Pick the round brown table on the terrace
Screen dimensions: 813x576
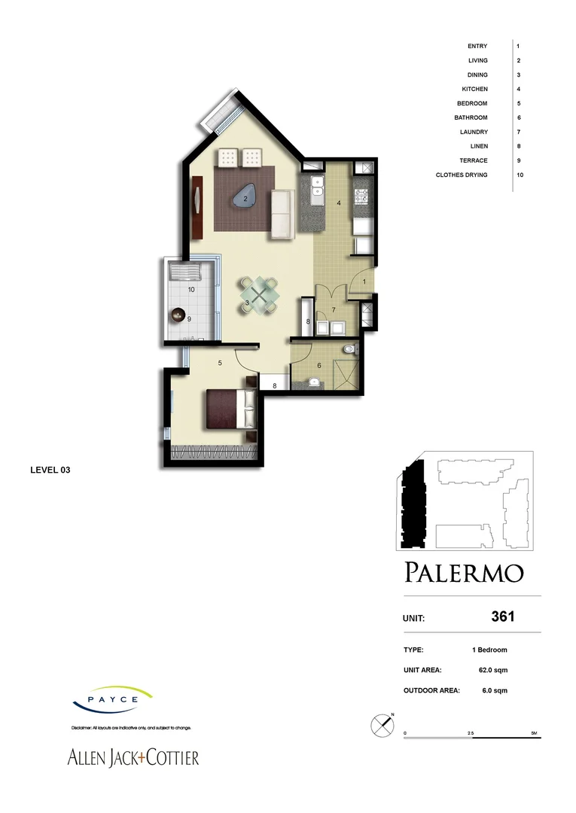179,315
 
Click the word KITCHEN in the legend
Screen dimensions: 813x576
474,89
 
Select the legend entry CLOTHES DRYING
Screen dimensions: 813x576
462,175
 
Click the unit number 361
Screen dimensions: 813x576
502,617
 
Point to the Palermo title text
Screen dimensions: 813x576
463,573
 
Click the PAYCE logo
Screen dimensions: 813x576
113,699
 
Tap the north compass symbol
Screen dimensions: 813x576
382,725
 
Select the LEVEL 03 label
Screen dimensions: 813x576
50,470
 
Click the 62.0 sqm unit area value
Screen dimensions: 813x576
489,669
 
